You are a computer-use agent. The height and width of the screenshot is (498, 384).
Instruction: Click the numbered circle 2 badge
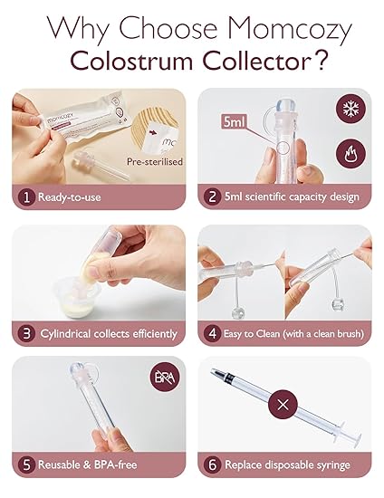[x=211, y=196]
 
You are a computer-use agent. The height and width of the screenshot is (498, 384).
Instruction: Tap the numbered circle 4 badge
[x=211, y=333]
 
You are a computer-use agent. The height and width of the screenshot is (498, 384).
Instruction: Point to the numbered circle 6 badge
[x=211, y=466]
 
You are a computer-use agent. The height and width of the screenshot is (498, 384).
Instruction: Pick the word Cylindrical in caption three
[x=71, y=333]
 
